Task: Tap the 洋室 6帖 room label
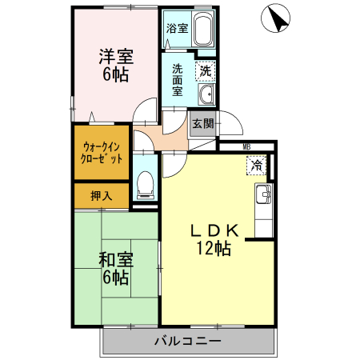point(116,66)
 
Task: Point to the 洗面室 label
point(177,78)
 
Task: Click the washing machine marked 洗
point(206,70)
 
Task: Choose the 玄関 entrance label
point(202,123)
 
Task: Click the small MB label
point(246,147)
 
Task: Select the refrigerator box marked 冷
point(256,166)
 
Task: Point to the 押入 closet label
point(102,195)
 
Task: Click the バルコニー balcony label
point(187,342)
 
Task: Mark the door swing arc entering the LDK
point(174,166)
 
